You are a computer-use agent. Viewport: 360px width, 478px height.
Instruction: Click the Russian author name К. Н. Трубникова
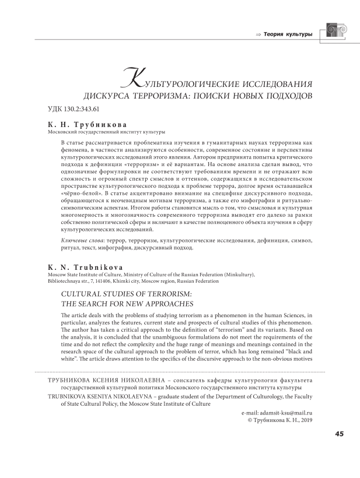pos(87,125)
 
